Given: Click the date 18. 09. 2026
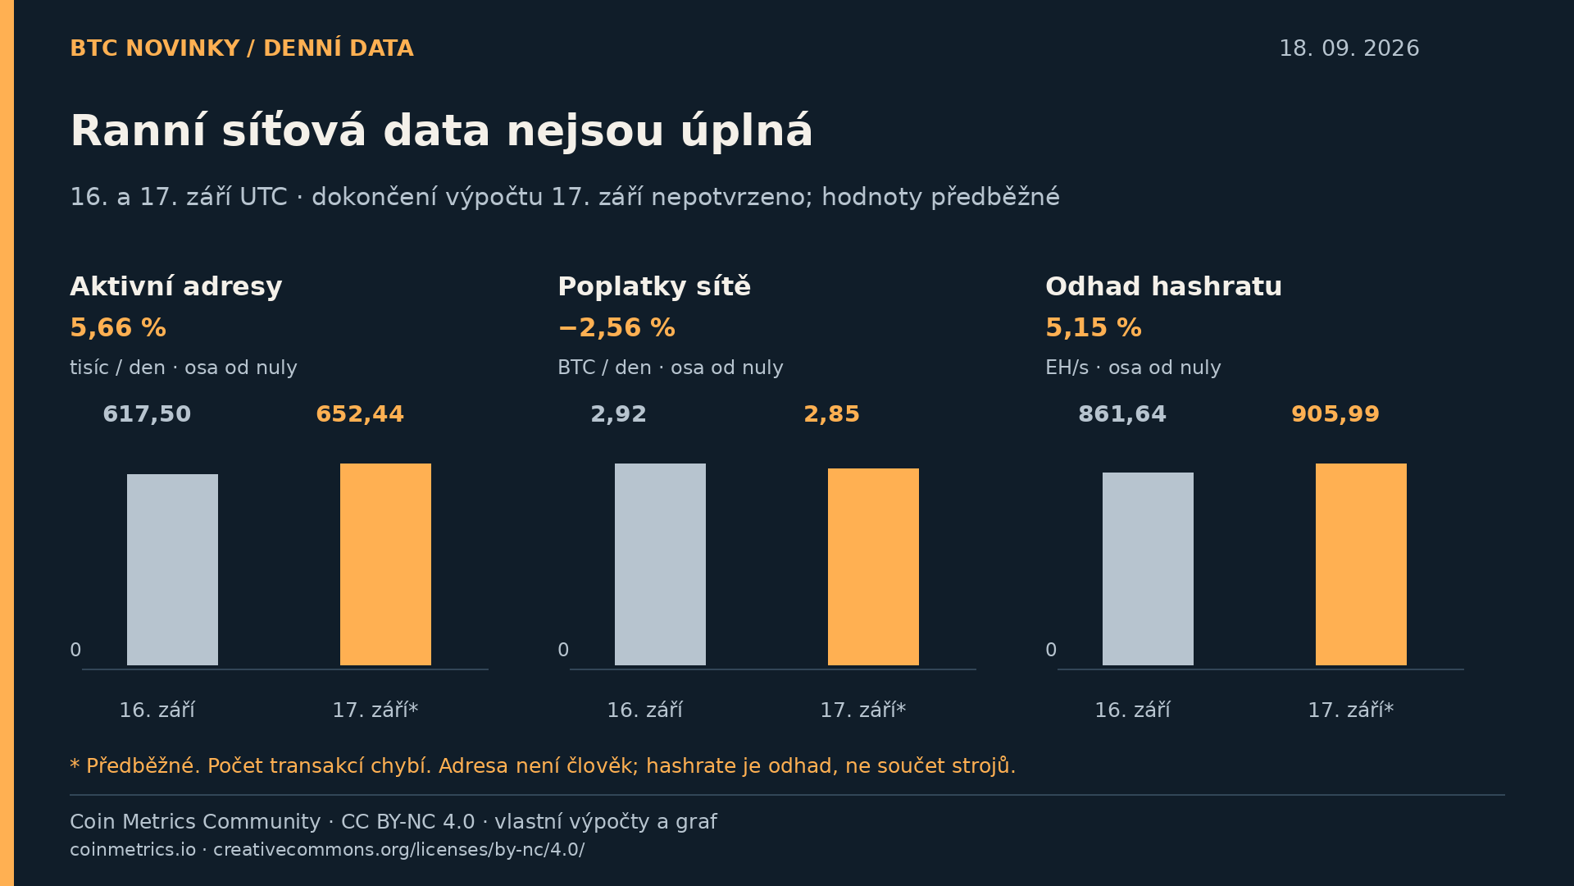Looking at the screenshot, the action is [x=1349, y=48].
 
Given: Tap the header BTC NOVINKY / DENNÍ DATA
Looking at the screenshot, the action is [x=242, y=48].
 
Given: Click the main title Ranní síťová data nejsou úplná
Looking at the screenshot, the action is [x=441, y=131].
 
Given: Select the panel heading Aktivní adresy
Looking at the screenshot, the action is [x=176, y=287].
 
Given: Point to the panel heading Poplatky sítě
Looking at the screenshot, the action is [x=654, y=287].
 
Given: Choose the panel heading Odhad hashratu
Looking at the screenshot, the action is [x=1163, y=287].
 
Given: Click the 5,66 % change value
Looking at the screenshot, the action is [x=118, y=328].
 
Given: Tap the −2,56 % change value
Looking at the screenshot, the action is [x=616, y=328].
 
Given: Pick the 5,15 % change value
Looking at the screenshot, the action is [x=1094, y=328].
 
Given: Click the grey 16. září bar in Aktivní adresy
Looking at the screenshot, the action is [x=172, y=569].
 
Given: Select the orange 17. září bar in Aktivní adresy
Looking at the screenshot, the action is [x=385, y=564].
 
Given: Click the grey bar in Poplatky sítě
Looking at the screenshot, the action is [x=660, y=564].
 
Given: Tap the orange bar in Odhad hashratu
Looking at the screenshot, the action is [x=1361, y=564].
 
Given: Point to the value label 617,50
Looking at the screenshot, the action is [x=147, y=414].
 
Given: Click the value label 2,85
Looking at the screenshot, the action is [x=831, y=414].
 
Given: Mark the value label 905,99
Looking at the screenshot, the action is [x=1335, y=414].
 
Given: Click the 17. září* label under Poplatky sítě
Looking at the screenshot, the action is [x=863, y=710].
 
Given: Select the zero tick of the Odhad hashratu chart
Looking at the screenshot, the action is [x=1051, y=651].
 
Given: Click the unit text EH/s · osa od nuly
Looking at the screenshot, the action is [x=1133, y=368].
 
